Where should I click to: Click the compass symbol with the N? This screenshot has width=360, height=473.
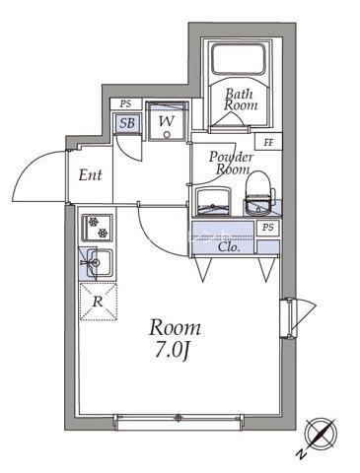click(321, 435)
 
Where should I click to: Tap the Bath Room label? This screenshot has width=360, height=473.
click(241, 100)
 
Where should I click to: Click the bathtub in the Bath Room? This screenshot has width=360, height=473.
click(238, 58)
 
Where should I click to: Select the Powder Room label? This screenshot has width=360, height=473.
click(232, 163)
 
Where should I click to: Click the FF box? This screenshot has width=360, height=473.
click(268, 142)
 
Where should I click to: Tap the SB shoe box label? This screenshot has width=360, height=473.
click(127, 123)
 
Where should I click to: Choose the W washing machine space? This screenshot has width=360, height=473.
click(167, 121)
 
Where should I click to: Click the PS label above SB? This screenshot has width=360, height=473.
click(125, 104)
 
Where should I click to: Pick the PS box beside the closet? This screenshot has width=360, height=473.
click(268, 228)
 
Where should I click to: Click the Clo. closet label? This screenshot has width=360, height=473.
click(229, 246)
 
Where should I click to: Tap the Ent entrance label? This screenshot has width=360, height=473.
click(90, 175)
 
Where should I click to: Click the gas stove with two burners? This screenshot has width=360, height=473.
click(97, 228)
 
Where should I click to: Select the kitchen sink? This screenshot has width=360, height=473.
click(98, 263)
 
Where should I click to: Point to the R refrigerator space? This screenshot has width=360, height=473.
click(99, 302)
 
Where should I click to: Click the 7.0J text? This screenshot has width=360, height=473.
click(172, 352)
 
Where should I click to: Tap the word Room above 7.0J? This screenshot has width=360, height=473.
click(175, 328)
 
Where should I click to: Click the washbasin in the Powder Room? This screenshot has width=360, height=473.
click(213, 202)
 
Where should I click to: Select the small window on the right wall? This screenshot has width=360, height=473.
click(289, 317)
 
